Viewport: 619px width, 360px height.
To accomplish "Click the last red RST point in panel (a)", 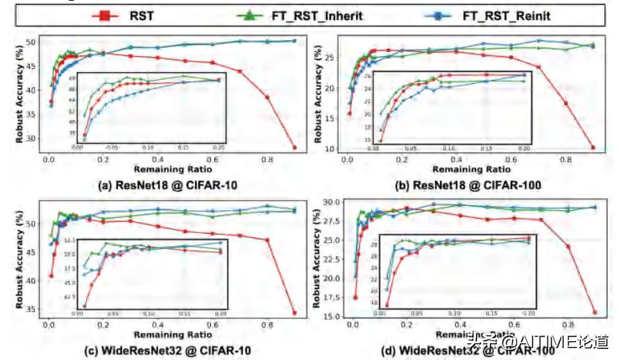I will click(x=294, y=147).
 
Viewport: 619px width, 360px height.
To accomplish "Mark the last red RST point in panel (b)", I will click(x=593, y=147).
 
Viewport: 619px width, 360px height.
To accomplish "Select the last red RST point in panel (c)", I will click(x=294, y=312).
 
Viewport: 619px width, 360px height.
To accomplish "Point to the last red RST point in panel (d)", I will click(x=594, y=312).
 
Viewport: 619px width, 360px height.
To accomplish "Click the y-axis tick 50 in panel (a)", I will click(x=31, y=42).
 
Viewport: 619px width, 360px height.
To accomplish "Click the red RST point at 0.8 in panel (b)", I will click(x=566, y=103).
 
